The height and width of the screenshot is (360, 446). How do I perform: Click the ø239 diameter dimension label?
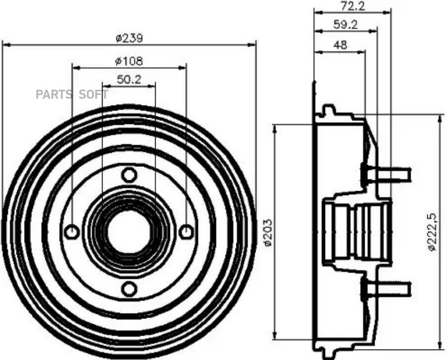(129, 38)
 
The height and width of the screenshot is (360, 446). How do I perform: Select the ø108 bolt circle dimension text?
(129, 61)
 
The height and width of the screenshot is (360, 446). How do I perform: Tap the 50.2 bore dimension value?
(129, 80)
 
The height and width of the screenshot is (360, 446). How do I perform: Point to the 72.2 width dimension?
(353, 6)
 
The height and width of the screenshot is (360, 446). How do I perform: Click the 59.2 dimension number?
(345, 25)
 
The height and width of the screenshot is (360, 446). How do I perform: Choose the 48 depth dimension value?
(340, 45)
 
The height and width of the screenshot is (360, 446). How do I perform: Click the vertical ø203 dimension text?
(268, 232)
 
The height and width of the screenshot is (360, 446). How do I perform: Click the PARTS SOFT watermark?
(72, 95)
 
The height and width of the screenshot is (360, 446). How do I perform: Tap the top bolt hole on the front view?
(129, 175)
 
